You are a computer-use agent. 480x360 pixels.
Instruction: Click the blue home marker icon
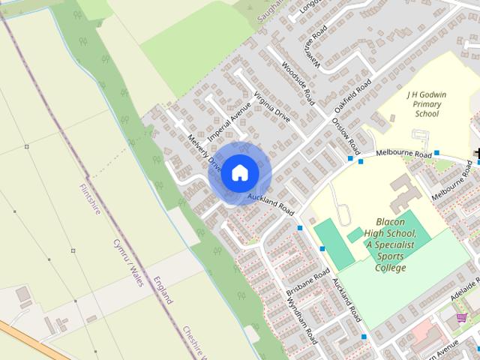[238, 173]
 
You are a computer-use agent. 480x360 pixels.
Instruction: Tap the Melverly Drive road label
[203, 153]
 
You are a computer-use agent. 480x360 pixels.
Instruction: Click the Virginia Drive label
[271, 108]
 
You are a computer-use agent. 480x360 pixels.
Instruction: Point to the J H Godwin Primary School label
[426, 105]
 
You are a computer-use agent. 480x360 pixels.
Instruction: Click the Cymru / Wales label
[126, 259]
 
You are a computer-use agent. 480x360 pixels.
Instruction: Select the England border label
[163, 290]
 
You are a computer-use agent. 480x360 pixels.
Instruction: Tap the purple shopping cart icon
[461, 318]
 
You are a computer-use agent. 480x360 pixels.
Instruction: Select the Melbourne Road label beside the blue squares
[404, 153]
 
